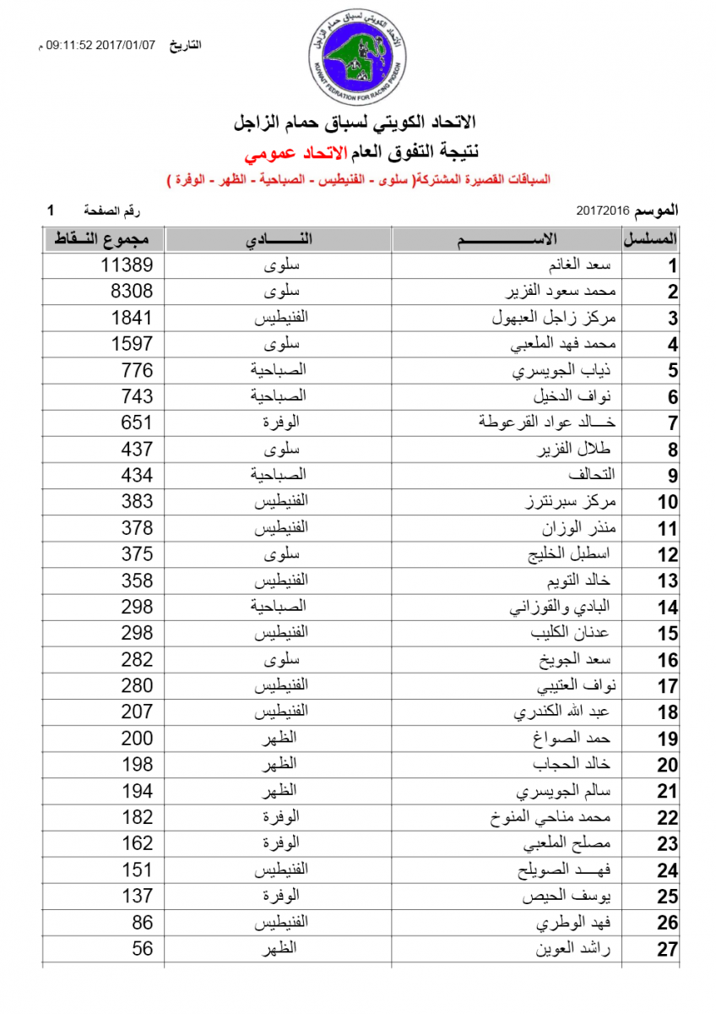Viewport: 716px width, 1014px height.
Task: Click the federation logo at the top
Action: pos(357,52)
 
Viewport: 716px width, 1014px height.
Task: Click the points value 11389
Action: pos(127,265)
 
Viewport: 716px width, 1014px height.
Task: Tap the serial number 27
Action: pos(667,949)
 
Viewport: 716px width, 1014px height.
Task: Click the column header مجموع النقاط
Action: pos(103,239)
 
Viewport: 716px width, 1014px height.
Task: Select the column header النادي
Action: pos(279,239)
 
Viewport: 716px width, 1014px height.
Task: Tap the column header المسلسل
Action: pos(650,239)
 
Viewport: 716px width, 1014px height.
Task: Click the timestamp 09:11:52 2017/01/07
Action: pos(101,45)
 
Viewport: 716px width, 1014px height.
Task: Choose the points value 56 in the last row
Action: pos(142,948)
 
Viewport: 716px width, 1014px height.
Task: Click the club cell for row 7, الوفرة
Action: pos(279,422)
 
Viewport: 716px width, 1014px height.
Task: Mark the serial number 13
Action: pos(667,581)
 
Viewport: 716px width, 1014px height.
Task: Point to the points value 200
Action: pos(137,739)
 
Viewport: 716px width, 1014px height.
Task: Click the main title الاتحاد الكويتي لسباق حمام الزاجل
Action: pos(358,125)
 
